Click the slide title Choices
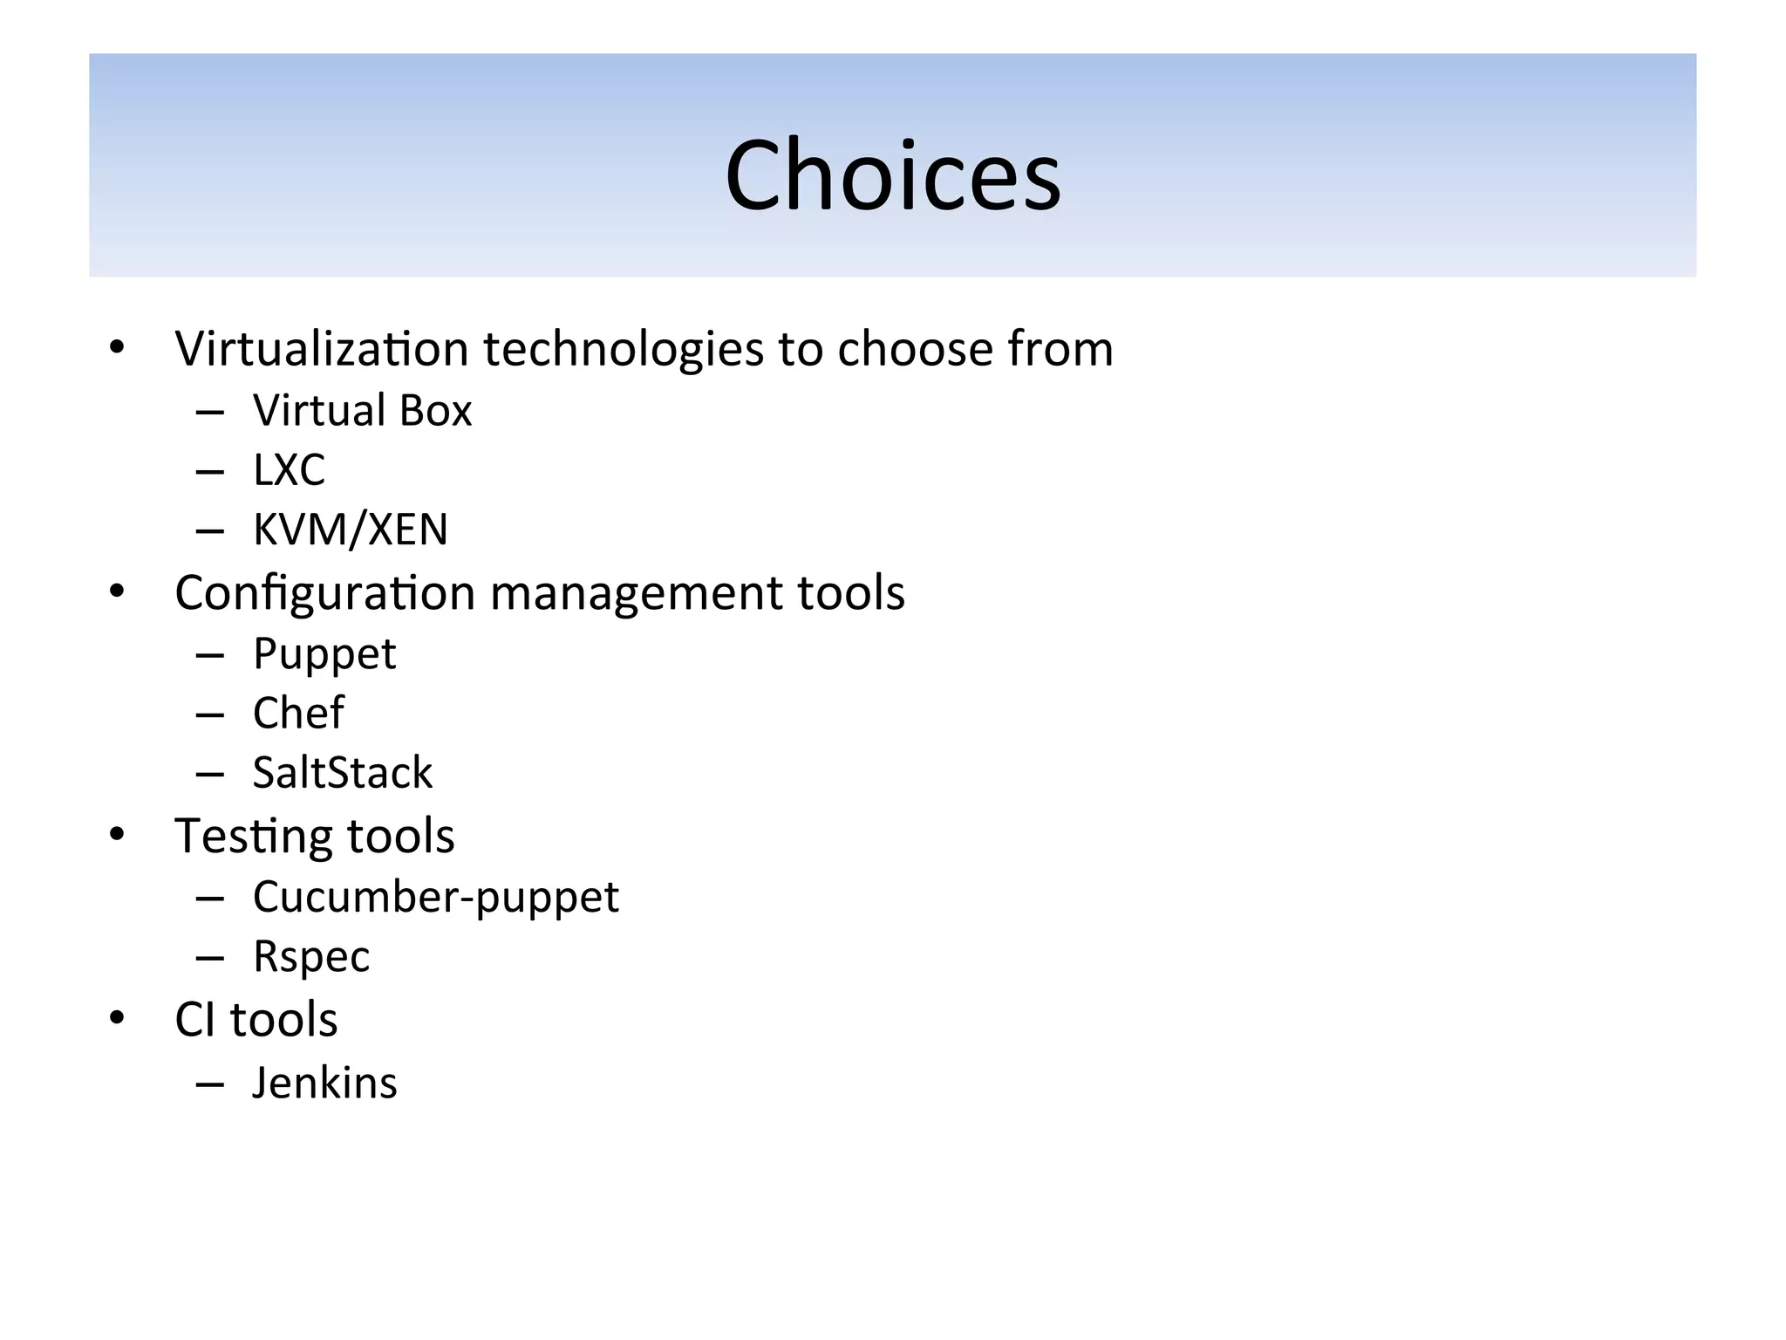click(x=893, y=176)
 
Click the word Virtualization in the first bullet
click(x=322, y=349)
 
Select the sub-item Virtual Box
click(x=362, y=411)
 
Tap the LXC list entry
click(x=289, y=470)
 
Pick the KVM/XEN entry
click(x=350, y=530)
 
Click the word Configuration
click(x=324, y=594)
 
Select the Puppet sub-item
click(x=324, y=654)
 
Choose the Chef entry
click(x=298, y=714)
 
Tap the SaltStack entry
click(x=342, y=773)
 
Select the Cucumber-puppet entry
click(x=435, y=898)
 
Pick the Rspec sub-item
click(x=311, y=957)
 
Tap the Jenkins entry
click(x=324, y=1084)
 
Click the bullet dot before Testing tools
click(x=117, y=835)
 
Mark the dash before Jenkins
click(x=210, y=1084)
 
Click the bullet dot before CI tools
click(x=117, y=1017)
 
